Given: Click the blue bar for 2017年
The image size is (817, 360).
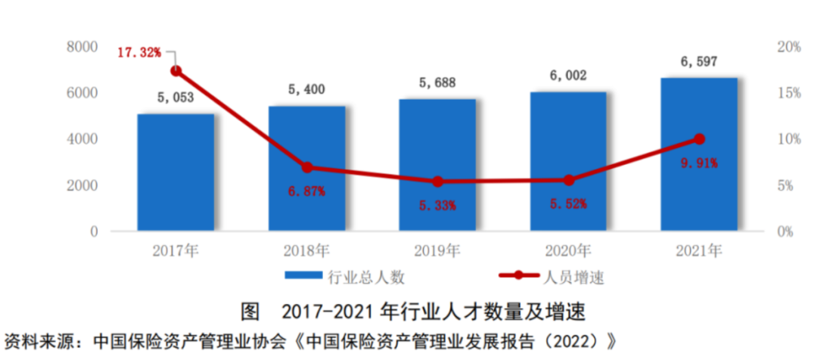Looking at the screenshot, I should click(x=176, y=172).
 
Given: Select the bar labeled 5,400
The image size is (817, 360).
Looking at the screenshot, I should click(x=306, y=168).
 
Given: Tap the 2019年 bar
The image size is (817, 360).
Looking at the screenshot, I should click(x=437, y=164).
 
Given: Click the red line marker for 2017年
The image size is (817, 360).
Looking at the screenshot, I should click(x=176, y=71).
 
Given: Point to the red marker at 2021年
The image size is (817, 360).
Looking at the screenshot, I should click(x=699, y=139).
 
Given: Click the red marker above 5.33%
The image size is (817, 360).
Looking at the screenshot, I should click(x=437, y=182).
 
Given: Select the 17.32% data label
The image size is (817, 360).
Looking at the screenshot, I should click(x=139, y=52).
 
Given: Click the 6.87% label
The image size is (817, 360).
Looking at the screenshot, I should click(x=306, y=191).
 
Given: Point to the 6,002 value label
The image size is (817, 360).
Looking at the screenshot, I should click(x=567, y=76).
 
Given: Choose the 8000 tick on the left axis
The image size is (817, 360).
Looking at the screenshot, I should click(x=83, y=47).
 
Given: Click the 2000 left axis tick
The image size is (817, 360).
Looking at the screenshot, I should click(x=83, y=186).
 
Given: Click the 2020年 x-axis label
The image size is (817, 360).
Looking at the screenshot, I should click(x=569, y=250).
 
